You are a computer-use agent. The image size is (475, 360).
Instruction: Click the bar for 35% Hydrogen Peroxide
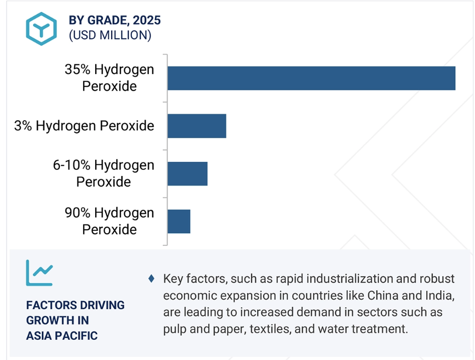(x=311, y=78)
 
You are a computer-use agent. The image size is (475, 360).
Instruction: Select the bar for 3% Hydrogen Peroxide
(x=197, y=126)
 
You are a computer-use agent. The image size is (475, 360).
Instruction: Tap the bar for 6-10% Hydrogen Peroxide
(x=188, y=174)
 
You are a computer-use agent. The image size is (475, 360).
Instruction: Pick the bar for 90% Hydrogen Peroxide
(x=179, y=221)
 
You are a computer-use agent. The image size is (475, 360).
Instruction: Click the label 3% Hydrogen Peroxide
(x=84, y=126)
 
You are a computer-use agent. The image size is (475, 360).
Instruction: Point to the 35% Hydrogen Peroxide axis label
(x=109, y=78)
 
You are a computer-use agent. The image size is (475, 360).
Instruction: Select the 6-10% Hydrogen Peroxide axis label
(x=104, y=173)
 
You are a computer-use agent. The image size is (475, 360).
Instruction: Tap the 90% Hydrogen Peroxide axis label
(x=109, y=221)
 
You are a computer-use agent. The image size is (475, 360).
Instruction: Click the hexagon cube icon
(x=41, y=29)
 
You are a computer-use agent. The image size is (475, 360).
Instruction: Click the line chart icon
(x=39, y=273)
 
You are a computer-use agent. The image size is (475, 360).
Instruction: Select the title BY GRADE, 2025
(x=115, y=20)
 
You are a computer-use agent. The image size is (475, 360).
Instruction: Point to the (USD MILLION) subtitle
(x=110, y=35)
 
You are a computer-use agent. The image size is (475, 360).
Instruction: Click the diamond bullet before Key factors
(x=151, y=279)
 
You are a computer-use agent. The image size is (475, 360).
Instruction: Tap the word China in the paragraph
(x=383, y=296)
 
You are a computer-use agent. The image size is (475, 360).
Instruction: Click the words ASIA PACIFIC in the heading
(x=62, y=336)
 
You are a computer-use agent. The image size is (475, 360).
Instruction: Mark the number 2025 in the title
(x=147, y=20)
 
